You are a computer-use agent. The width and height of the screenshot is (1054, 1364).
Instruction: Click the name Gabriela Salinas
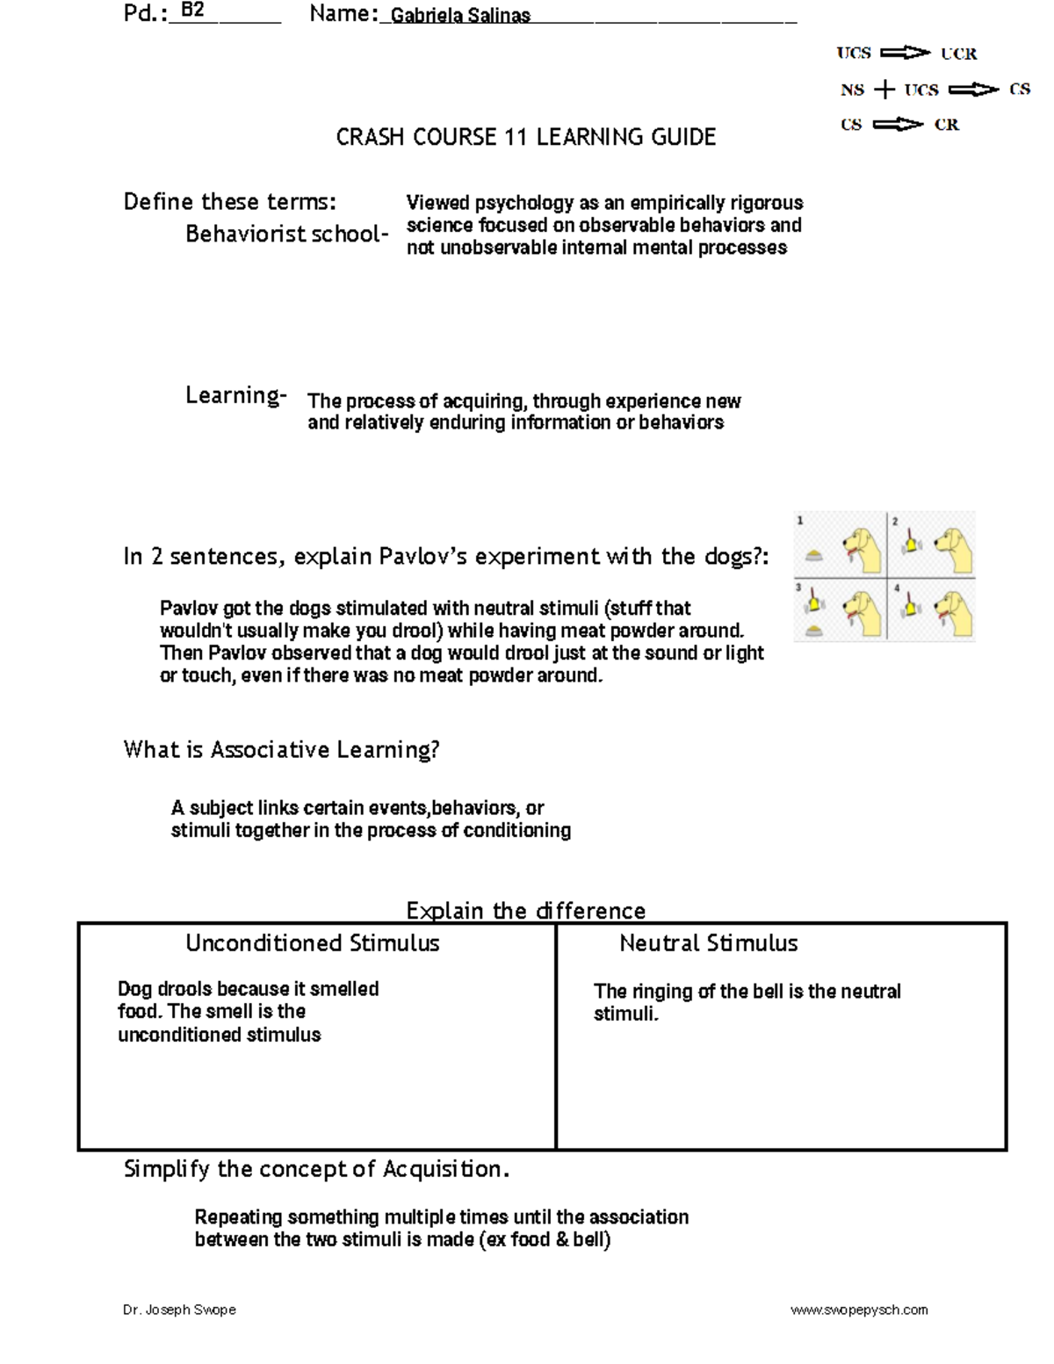tap(460, 16)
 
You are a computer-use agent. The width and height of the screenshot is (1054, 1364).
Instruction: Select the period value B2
tap(191, 11)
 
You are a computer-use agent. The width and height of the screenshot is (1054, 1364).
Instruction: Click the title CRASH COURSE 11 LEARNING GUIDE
tap(525, 137)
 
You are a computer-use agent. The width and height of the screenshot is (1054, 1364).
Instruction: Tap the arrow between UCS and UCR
tap(905, 54)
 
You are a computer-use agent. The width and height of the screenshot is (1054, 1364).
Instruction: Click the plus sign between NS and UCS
tap(884, 90)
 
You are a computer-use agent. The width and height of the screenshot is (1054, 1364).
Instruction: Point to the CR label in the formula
tap(947, 125)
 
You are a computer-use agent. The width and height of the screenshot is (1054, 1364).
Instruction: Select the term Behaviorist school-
tap(286, 235)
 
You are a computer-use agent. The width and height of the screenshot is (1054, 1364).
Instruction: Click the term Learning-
tap(235, 396)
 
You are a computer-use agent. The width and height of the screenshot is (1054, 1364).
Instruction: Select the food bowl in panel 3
tap(814, 630)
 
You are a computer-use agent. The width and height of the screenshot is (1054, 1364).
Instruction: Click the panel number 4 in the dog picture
tap(897, 588)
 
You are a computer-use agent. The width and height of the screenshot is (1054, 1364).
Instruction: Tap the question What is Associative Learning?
tap(281, 750)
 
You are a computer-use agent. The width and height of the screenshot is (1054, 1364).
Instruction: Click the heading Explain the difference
tap(525, 911)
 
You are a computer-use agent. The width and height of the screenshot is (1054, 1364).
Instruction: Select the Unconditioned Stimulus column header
tap(312, 944)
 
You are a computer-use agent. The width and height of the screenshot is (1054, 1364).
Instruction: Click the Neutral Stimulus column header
tap(708, 944)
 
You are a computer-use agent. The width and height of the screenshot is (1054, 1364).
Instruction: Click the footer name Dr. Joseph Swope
tap(179, 1310)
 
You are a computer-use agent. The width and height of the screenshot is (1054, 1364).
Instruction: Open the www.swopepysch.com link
tap(858, 1310)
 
